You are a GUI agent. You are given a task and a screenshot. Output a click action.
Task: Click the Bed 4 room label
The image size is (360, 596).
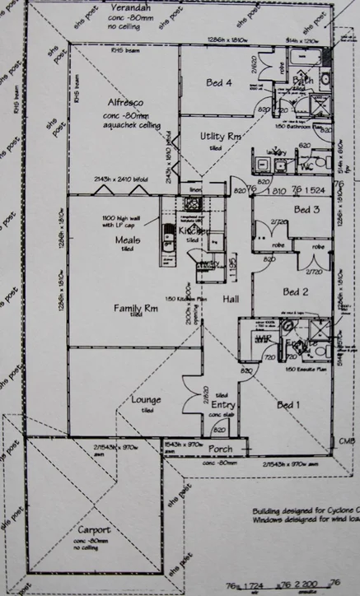218,81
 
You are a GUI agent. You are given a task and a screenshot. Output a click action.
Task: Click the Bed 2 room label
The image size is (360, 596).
295,291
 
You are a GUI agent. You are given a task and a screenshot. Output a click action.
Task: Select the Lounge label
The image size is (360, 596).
146,400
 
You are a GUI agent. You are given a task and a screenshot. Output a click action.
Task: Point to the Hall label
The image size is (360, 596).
231,300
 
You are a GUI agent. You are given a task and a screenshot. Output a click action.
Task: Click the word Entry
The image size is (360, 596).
223,405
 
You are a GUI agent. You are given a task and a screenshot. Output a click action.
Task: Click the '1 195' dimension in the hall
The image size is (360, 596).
232,264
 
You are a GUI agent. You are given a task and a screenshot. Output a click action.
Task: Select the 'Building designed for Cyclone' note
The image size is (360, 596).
305,510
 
